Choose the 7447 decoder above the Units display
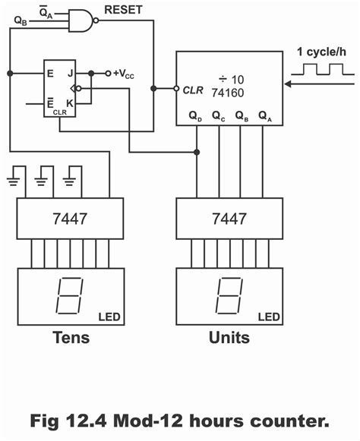click(x=229, y=219)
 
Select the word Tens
click(x=71, y=337)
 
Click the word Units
click(x=229, y=337)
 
